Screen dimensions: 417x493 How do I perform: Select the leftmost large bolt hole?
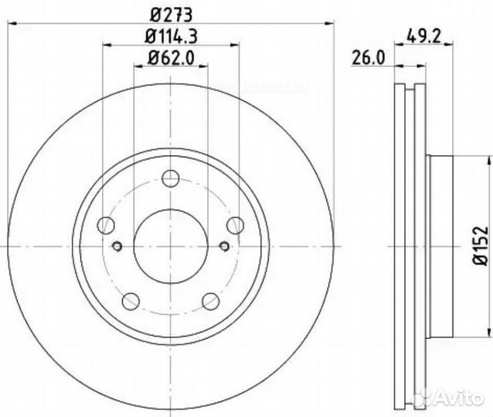(x=107, y=225)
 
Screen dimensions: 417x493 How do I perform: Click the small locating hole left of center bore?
(x=117, y=246)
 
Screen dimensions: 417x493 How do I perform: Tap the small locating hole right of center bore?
(x=224, y=246)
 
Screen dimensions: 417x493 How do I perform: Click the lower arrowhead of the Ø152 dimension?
(x=490, y=331)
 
